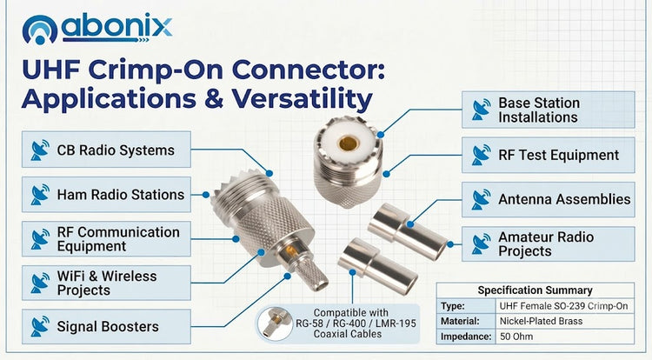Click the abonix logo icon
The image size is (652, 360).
coord(39,30)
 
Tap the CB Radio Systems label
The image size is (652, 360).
coord(116,150)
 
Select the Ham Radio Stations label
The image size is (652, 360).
coord(121,195)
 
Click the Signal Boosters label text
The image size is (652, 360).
coord(108,327)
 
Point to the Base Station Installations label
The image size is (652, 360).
coord(539,110)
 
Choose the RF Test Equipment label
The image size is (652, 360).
coord(558,155)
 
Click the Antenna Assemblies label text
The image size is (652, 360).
coord(564,199)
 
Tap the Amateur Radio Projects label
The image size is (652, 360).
coord(546,244)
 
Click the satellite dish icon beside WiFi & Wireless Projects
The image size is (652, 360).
coord(40,283)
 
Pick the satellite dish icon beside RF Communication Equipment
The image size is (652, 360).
coord(40,238)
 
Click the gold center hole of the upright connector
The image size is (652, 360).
coord(349,143)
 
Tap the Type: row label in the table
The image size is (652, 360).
coord(453,306)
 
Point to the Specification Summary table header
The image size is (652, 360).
coord(535,290)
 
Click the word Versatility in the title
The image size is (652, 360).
coord(302,99)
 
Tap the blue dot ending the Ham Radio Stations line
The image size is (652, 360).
coord(206,195)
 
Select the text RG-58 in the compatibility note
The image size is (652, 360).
coord(309,323)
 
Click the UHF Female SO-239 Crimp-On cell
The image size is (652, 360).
coord(563,306)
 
